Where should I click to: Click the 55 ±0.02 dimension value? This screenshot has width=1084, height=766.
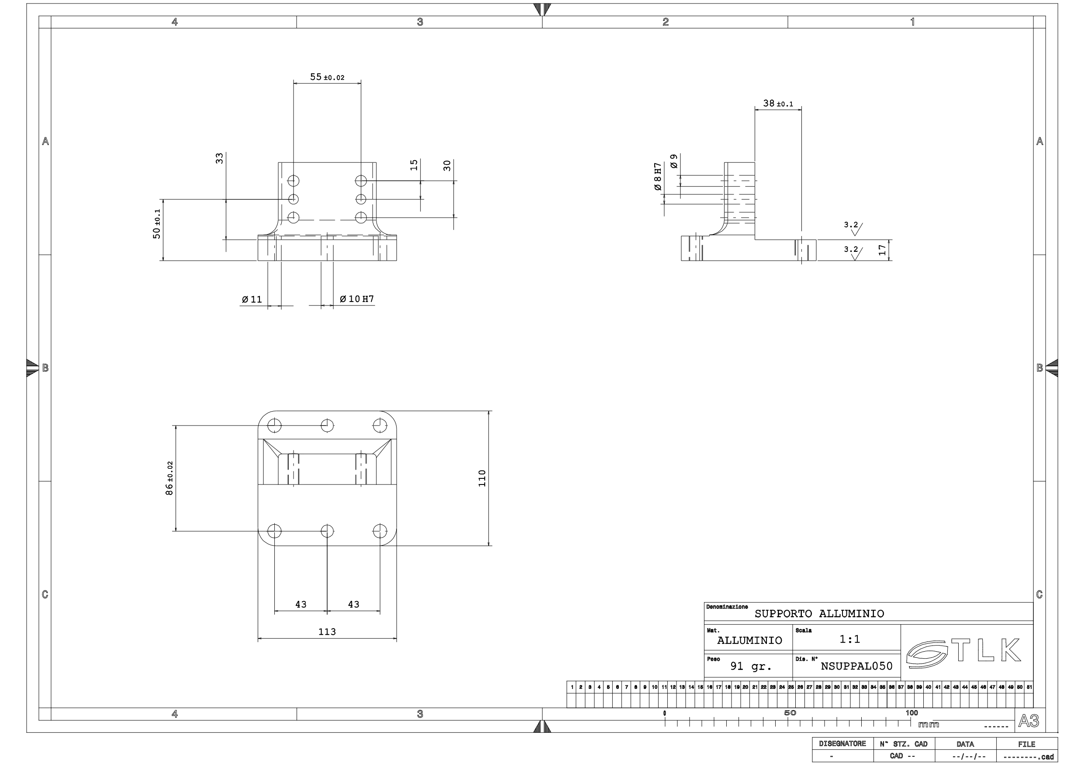[327, 77]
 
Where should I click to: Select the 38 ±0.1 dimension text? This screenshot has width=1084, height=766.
[777, 103]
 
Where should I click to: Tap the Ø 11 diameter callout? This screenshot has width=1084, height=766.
[252, 299]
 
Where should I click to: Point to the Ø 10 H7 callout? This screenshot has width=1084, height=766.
[356, 299]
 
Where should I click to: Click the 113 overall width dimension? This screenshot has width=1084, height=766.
[327, 632]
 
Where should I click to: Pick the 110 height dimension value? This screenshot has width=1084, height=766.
[482, 478]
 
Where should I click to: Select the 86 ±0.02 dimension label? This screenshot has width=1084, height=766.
[169, 478]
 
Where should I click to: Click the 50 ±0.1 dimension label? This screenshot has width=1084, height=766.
[157, 224]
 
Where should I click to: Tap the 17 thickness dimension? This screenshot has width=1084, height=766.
[882, 250]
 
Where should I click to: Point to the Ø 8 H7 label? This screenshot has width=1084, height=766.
[658, 176]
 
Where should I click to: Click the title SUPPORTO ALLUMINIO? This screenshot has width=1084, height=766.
[819, 614]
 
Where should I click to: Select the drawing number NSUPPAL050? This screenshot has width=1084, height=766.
[856, 666]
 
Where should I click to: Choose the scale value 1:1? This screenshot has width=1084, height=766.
[849, 639]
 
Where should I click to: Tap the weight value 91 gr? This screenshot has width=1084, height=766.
[751, 666]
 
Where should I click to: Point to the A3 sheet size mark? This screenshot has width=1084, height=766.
[1028, 721]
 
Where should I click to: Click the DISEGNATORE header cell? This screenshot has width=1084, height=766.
[842, 744]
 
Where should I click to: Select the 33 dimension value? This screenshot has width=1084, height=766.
[219, 158]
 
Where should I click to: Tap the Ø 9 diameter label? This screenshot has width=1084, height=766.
[674, 161]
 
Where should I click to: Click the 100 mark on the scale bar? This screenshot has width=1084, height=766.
[911, 713]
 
